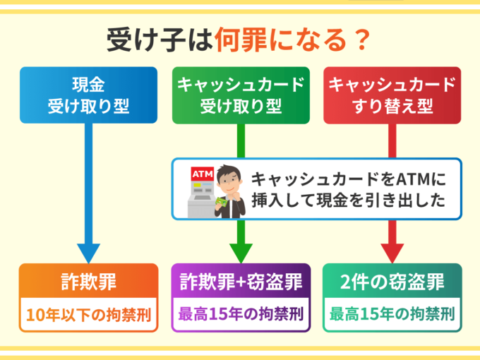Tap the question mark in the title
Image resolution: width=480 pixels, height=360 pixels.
pos(361,39)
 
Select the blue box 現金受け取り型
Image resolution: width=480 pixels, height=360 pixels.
pos(88,95)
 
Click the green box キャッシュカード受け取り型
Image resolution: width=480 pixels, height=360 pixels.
pos(240,95)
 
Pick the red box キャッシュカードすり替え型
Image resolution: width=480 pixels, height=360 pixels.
pos(392,95)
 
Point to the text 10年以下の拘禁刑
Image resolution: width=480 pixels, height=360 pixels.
pos(88,313)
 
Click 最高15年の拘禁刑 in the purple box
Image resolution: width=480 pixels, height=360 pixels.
pos(241,313)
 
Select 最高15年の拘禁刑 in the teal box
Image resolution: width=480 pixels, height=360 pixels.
pos(392,313)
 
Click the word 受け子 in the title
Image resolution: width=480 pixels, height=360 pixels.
pos(136,39)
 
